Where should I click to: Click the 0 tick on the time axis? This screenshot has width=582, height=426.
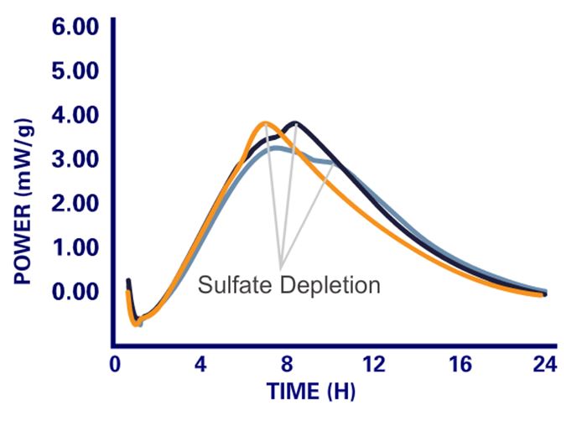[x=115, y=366]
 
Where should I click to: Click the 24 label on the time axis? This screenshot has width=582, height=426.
[x=545, y=366]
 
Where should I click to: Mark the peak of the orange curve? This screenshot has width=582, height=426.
[x=265, y=122]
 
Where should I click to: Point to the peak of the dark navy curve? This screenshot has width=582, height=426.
[x=294, y=122]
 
